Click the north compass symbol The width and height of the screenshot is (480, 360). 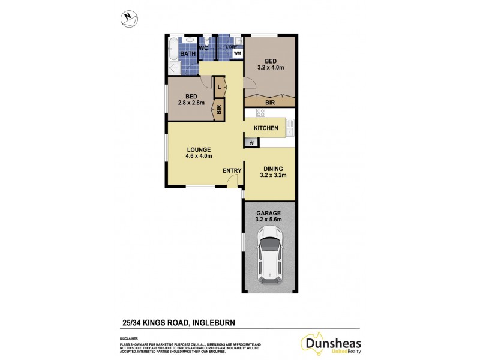(x=128, y=19)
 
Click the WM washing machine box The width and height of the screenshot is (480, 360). (x=237, y=53)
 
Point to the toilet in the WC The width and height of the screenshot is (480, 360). (x=206, y=40)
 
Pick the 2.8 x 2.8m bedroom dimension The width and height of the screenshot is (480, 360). (x=191, y=103)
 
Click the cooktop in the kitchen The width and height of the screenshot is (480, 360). (x=261, y=113)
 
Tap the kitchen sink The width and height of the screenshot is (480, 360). (x=289, y=130)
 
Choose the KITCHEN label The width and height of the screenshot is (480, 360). (x=266, y=128)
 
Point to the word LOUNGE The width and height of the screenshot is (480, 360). (x=198, y=149)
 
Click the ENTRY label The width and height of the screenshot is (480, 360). (x=232, y=170)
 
